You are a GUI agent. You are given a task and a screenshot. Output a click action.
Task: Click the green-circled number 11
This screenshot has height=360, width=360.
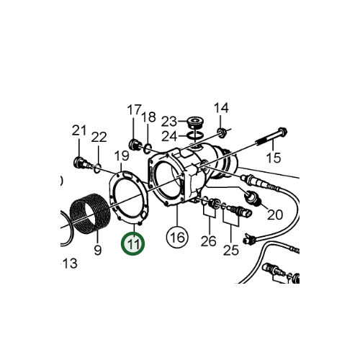click(x=132, y=245)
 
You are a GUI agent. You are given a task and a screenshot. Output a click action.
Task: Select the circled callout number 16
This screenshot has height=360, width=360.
click(x=176, y=235)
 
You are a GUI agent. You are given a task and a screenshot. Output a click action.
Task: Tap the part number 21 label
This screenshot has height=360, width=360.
click(x=78, y=130)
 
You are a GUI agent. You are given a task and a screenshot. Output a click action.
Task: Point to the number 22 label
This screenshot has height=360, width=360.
click(x=99, y=137)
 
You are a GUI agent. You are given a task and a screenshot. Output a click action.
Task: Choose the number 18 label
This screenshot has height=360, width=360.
click(x=148, y=117)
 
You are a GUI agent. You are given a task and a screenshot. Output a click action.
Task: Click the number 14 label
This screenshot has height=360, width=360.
click(x=222, y=108)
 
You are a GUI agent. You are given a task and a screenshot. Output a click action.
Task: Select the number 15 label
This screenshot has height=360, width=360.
click(x=273, y=157)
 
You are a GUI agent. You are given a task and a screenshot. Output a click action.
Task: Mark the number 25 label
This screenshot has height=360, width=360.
click(x=230, y=250)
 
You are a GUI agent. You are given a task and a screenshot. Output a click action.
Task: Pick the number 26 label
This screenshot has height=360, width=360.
click(x=208, y=240)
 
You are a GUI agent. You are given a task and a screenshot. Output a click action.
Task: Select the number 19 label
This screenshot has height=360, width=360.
click(x=122, y=156)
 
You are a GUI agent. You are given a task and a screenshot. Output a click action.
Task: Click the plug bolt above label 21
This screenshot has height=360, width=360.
click(x=79, y=160)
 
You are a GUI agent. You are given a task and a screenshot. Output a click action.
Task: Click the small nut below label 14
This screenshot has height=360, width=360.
click(x=223, y=131)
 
